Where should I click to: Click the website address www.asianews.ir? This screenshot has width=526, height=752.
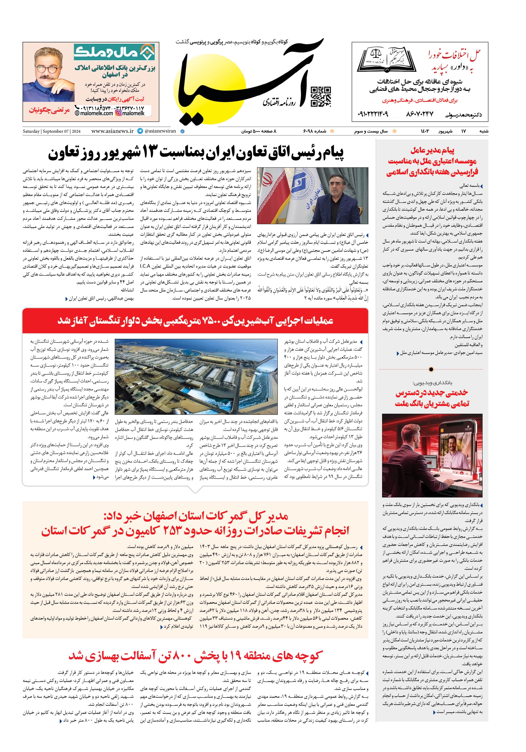pyautogui.click(x=112, y=131)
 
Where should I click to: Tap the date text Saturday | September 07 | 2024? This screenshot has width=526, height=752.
pyautogui.click(x=51, y=131)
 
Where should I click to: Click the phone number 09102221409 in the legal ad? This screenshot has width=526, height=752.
pyautogui.click(x=373, y=114)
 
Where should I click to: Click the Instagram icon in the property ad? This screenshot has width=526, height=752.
pyautogui.click(x=119, y=113)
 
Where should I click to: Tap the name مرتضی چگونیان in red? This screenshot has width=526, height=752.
pyautogui.click(x=49, y=110)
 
